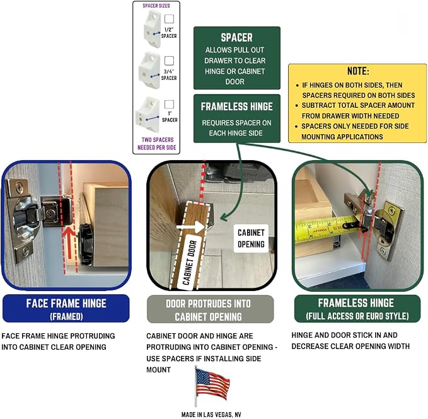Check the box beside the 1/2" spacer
pyautogui.click(x=169, y=19)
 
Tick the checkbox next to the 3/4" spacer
pyautogui.click(x=169, y=60)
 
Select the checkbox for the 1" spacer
pyautogui.click(x=169, y=104)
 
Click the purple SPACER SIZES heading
pyautogui.click(x=156, y=6)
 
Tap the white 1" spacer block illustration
pyautogui.click(x=147, y=113)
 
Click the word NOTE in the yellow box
pyautogui.click(x=358, y=71)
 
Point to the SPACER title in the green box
pyautogui.click(x=236, y=38)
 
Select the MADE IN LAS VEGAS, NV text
pyautogui.click(x=211, y=415)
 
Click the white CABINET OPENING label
pyautogui.click(x=251, y=238)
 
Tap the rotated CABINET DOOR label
pyautogui.click(x=190, y=262)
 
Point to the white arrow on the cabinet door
pyautogui.click(x=190, y=227)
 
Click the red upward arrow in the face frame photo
pyautogui.click(x=69, y=243)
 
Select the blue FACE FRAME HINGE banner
pyautogui.click(x=66, y=309)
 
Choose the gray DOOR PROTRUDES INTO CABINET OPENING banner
pyautogui.click(x=210, y=309)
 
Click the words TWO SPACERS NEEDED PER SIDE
pyautogui.click(x=157, y=144)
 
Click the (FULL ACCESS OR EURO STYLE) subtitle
pyautogui.click(x=357, y=316)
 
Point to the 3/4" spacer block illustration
pyautogui.click(x=149, y=71)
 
